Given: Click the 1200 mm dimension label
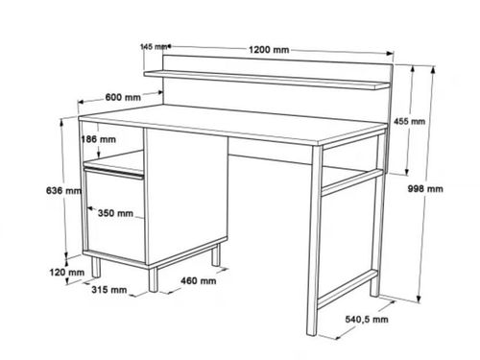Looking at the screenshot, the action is (269, 50).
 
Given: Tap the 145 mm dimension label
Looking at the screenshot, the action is (154, 47).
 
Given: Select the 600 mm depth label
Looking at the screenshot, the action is (123, 97).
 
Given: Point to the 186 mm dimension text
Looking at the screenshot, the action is (99, 139).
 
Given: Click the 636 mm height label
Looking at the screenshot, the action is (64, 191).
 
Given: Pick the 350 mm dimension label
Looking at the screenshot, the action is (115, 213).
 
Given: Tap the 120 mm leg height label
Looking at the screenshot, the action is (67, 273).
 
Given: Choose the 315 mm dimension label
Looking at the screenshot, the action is (109, 290).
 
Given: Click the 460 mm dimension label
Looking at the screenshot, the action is (199, 281).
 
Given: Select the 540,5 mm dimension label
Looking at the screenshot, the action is (367, 319).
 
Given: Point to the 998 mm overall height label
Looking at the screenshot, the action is (425, 189).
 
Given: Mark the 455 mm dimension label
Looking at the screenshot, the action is (410, 121).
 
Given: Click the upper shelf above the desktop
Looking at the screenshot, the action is (267, 80).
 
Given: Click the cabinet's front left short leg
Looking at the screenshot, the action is (96, 267).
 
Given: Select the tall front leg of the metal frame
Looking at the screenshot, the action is (314, 241).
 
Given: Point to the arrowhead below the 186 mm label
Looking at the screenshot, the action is (99, 154).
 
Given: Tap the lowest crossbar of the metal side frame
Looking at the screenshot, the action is (348, 289).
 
